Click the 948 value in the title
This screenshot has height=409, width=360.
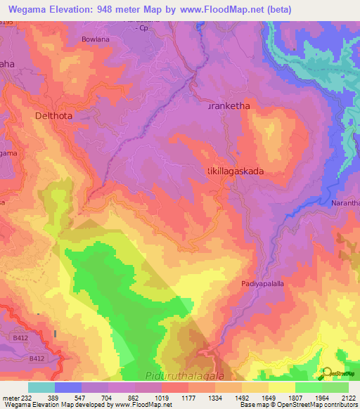tap(124, 9)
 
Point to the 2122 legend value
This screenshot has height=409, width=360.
tap(348, 397)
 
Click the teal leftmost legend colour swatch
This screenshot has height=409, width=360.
tap(41, 387)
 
